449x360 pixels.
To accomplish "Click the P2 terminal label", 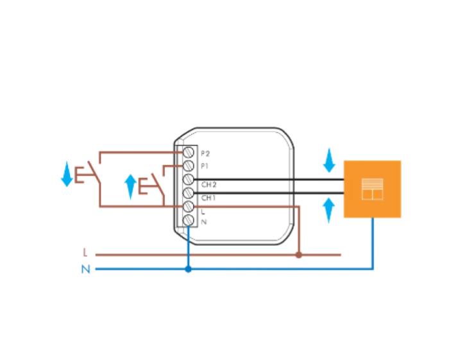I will [x=205, y=153].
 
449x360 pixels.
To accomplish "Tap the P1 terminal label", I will [x=205, y=166].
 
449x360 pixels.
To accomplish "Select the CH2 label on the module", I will [x=207, y=185].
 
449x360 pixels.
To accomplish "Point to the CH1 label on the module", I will [x=207, y=198].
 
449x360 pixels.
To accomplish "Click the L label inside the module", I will [x=203, y=211].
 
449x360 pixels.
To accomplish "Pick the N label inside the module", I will [x=203, y=222].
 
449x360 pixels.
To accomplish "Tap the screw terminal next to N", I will [x=189, y=221].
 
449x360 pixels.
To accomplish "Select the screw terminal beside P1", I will [x=189, y=166].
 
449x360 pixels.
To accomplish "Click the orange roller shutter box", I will [x=372, y=189].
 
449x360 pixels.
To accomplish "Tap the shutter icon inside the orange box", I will [x=372, y=189].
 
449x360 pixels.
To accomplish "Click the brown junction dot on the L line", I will [x=298, y=255].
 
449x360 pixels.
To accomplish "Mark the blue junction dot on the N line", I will [x=188, y=270].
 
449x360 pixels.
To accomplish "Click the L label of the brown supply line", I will [x=85, y=254].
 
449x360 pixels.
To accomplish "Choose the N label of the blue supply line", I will [x=85, y=270].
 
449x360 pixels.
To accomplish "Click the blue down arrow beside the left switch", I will [x=67, y=175].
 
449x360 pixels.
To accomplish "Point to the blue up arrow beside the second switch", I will [x=130, y=186].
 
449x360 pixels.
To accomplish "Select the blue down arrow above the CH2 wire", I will [x=329, y=160].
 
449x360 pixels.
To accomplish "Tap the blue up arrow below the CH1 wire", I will [x=329, y=210].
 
